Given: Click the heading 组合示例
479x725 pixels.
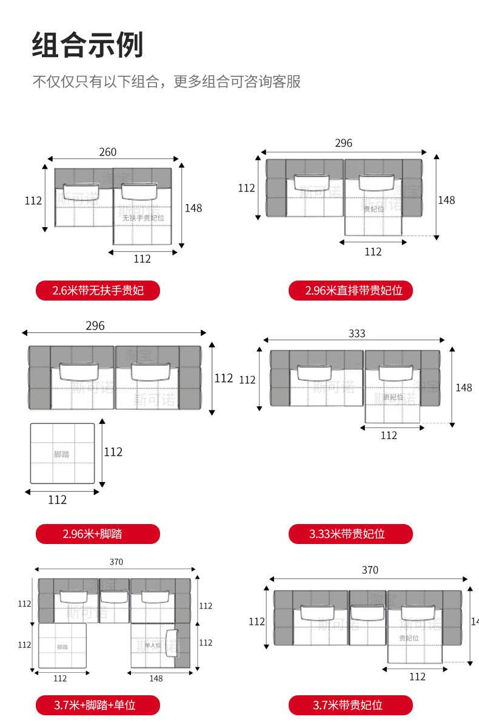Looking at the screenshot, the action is [x=87, y=46].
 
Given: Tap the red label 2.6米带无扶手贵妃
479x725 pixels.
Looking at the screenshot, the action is [x=98, y=290].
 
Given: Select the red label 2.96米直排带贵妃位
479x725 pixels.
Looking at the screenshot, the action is [x=350, y=290].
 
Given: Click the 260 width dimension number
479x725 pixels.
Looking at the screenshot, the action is [x=107, y=152].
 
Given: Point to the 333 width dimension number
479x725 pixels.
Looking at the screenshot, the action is [x=357, y=333].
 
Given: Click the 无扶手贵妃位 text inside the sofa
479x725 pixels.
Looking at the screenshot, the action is [x=143, y=217].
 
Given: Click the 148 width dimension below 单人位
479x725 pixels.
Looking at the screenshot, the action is [x=156, y=678].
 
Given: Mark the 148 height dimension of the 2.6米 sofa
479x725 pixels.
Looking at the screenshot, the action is [x=193, y=208].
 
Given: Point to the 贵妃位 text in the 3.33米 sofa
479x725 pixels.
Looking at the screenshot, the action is [x=393, y=397].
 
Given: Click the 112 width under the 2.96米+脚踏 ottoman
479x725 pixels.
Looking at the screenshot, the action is [x=57, y=500].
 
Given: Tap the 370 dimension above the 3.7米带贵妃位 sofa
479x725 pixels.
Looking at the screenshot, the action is [x=370, y=570].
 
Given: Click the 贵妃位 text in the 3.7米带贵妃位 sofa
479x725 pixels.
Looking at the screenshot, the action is [x=409, y=638].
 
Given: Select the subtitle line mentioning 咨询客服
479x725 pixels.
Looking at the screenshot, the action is [x=166, y=82].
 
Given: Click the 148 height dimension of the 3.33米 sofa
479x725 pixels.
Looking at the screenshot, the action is [x=463, y=387].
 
